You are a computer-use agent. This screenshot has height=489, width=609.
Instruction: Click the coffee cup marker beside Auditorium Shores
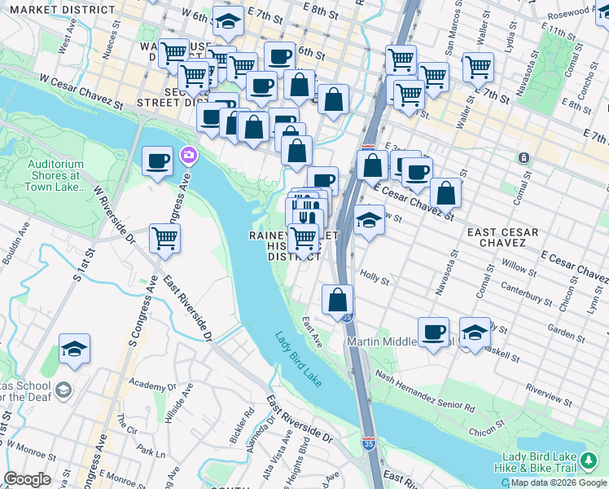coord(157,161)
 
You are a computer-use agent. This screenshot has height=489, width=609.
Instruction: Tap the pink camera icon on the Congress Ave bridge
coord(189,154)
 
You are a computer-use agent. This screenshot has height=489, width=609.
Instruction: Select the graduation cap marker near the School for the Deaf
coord(74,349)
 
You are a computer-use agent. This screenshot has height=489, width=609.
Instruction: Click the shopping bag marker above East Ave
coord(337,299)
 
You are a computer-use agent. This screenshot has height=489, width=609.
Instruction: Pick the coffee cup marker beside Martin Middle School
coord(433,331)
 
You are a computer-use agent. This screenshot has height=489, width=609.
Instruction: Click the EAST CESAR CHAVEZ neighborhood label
coord(503,232)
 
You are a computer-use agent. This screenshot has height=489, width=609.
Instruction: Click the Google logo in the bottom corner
coord(28,479)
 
